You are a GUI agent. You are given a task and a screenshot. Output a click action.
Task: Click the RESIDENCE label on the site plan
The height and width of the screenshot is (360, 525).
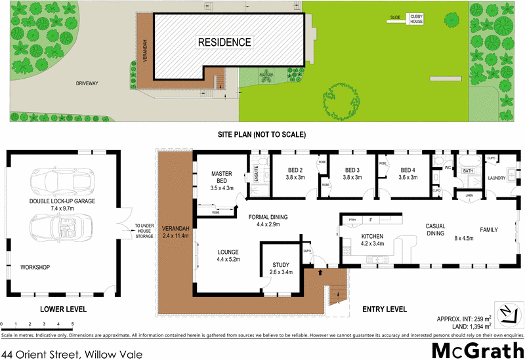pyautogui.click(x=224, y=43)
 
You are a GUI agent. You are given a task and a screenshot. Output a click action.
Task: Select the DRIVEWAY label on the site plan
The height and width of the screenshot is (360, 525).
pyautogui.click(x=89, y=83)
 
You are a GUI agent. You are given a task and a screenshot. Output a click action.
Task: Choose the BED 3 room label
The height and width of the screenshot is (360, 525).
pyautogui.click(x=354, y=172)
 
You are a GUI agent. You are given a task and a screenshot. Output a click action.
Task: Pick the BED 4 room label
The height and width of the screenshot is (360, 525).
pyautogui.click(x=409, y=172)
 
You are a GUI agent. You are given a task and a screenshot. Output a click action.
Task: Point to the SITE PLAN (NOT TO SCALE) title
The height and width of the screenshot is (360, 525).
pyautogui.click(x=262, y=134)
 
